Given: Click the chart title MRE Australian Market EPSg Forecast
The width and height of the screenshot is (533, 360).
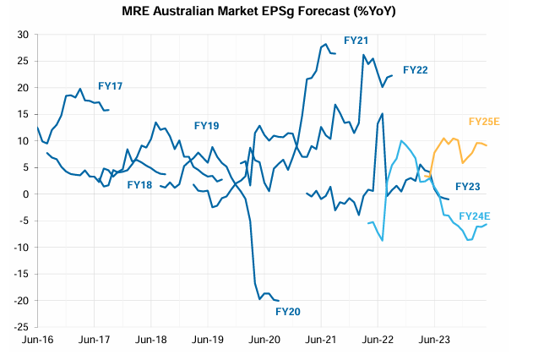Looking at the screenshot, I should (x=259, y=13).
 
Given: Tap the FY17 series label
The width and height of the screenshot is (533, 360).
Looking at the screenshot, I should (x=111, y=86).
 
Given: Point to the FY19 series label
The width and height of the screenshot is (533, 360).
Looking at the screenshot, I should (x=206, y=126).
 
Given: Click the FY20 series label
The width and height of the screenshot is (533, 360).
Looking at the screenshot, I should (x=288, y=312).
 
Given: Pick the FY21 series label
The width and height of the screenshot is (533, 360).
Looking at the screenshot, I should (x=356, y=41).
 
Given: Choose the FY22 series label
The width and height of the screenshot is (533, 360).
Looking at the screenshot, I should (x=416, y=70).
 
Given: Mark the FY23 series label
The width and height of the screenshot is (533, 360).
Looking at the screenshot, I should (x=467, y=187).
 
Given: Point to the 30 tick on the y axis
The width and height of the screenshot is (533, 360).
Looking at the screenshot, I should (x=24, y=35).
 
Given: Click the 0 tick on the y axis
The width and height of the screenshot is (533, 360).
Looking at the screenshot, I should (x=26, y=194).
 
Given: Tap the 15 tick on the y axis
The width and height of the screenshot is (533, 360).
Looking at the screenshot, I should (x=24, y=114).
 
